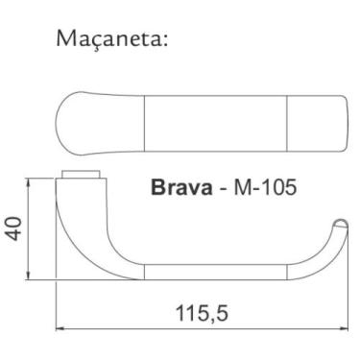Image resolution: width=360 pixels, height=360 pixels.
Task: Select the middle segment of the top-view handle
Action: [215, 122]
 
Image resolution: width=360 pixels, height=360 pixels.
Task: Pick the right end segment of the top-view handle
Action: [317, 122]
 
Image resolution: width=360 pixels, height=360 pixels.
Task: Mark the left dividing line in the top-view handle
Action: [143, 122]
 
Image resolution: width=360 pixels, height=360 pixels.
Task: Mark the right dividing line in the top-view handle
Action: [287, 122]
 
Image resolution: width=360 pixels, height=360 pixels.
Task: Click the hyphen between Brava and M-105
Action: [225, 188]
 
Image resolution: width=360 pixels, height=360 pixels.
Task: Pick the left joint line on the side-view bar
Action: [143, 271]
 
